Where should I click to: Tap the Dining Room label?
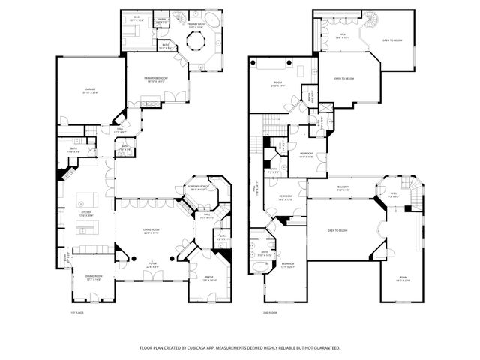(x=93, y=277)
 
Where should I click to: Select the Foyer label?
(x=152, y=265)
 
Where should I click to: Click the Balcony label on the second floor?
(x=343, y=188)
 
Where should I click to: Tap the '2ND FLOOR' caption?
(x=270, y=312)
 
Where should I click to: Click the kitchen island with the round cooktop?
(x=88, y=200)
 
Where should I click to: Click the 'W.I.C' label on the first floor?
(x=137, y=18)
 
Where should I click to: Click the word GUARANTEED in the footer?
(x=324, y=348)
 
